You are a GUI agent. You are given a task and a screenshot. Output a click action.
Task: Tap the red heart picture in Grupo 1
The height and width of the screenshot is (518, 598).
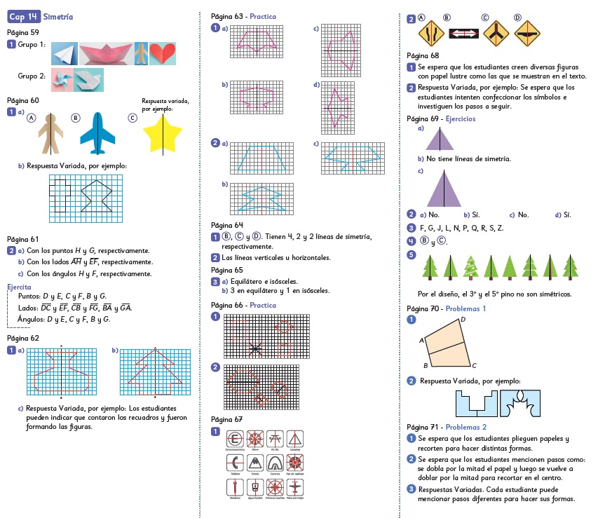point(162,53)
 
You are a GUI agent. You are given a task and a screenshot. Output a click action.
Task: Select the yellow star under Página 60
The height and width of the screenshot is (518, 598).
point(163,133)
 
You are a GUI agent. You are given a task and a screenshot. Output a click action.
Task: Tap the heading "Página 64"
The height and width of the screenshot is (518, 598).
point(226,225)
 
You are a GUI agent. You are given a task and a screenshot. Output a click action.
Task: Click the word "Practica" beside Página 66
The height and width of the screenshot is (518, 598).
point(261,305)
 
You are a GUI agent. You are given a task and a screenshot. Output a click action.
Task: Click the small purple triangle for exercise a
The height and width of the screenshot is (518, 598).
point(440,139)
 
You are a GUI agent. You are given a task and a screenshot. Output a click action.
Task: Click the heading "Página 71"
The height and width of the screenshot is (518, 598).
point(422,426)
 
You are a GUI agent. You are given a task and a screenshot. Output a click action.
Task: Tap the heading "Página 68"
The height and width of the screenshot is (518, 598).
point(422,55)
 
